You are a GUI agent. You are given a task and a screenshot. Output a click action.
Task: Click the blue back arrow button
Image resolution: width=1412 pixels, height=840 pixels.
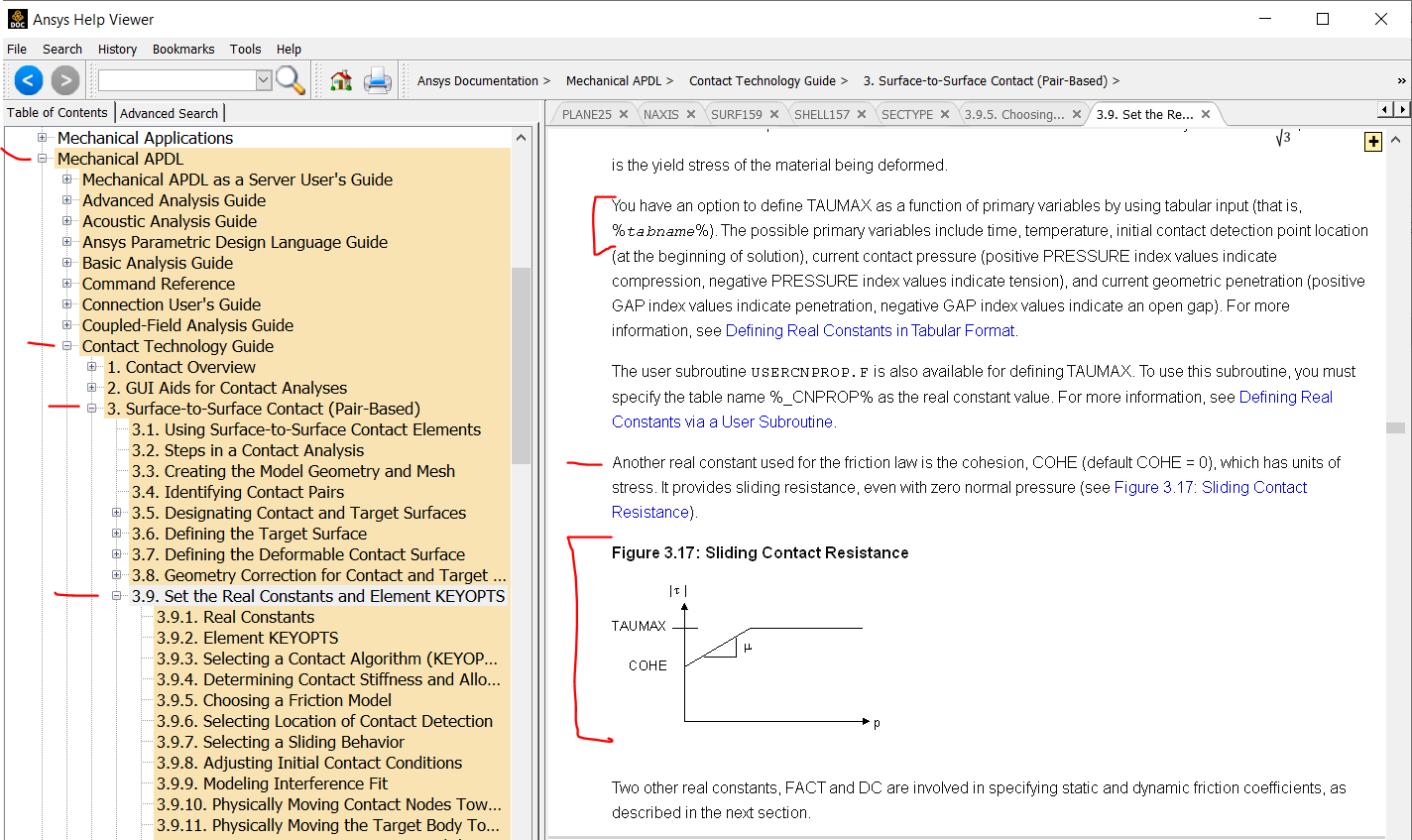29,80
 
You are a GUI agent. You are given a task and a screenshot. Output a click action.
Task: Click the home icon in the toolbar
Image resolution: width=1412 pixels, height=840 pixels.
341,80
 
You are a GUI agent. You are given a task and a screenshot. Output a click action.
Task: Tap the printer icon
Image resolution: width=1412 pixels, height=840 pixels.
378,80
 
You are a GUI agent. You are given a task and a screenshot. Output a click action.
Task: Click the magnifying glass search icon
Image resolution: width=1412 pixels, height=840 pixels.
291,80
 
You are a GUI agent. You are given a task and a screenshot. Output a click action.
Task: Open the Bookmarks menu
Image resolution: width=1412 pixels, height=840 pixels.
183,50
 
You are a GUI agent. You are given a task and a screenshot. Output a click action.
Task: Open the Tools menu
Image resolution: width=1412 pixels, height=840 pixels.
245,50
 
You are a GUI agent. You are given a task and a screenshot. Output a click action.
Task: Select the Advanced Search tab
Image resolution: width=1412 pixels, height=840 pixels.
169,113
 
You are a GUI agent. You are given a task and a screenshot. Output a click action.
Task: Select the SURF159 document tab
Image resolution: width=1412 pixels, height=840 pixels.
737,115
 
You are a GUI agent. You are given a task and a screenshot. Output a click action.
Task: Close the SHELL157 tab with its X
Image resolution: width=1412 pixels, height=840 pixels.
862,114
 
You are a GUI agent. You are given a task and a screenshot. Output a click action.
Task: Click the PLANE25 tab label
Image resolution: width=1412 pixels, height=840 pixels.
586,115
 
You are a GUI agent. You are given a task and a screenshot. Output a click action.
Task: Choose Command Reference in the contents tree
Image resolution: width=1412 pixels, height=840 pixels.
159,284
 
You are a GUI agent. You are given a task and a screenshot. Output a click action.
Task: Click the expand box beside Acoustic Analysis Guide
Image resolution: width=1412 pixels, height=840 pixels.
66,221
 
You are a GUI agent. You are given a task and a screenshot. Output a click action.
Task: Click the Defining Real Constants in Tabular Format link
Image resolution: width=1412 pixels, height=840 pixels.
870,330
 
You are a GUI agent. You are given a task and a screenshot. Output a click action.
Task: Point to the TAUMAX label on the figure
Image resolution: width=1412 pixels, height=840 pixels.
639,626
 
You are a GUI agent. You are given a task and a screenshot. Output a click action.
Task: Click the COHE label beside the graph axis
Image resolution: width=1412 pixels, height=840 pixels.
647,665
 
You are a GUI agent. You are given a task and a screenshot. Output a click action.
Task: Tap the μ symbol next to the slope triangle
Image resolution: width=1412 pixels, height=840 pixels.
748,647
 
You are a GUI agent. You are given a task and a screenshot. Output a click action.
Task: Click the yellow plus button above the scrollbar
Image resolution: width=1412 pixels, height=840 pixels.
1373,142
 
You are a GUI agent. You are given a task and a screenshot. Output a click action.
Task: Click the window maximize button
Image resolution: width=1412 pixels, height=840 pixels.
1323,19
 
